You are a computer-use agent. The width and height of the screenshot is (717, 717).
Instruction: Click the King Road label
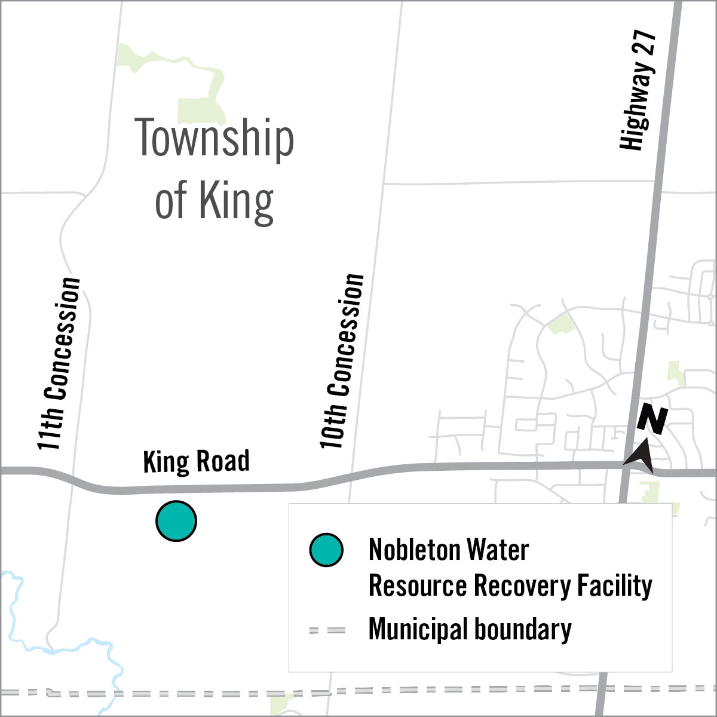196,462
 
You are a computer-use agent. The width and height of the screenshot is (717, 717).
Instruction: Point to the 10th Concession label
342,361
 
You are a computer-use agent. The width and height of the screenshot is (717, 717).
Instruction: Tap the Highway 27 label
638,90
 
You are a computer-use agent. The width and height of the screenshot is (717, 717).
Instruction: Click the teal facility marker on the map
176,521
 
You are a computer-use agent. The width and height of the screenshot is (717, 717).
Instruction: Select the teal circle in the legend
326,550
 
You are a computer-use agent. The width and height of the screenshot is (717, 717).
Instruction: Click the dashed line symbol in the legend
327,630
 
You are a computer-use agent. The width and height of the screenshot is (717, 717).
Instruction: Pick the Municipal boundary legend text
470,630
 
